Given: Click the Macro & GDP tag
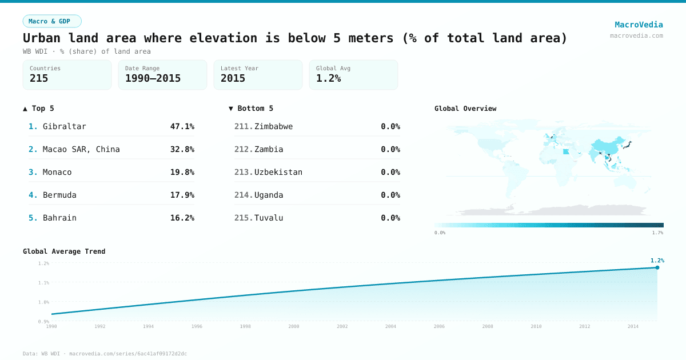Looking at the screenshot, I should coord(52,21).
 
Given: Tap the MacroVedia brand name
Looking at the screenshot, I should coord(639,25).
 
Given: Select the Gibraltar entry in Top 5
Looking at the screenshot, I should coord(64,126).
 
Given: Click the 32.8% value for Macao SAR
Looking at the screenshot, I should coord(182,149).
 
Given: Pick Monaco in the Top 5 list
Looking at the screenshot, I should coord(57,172).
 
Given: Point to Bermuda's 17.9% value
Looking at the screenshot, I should coord(182,195).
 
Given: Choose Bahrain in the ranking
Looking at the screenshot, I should coord(59,218).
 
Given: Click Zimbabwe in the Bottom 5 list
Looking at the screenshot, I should coord(273,126).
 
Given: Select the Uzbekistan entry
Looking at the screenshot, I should coord(278,172).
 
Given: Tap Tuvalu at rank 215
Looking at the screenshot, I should coord(269,218).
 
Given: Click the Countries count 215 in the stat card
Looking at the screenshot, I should coord(39,78).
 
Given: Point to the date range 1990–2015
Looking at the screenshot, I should coord(153,78).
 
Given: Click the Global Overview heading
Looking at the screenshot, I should coord(465,109).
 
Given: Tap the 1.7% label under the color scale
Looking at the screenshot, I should coord(657,233).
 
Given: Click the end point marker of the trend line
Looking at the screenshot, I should coord(657,267).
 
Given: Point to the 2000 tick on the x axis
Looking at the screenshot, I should coord(294,326).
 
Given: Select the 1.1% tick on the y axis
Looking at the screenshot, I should coord(43,283).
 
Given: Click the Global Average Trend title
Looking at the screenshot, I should coord(64,251).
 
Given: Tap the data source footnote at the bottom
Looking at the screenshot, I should coord(105,354).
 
